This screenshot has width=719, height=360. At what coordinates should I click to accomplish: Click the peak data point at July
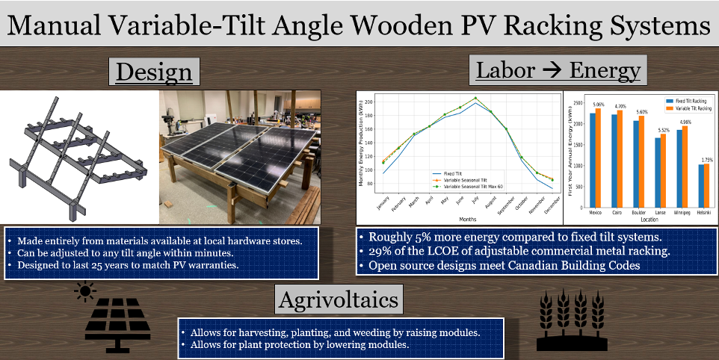[x=475, y=98]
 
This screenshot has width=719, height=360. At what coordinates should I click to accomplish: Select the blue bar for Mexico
[x=593, y=160]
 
